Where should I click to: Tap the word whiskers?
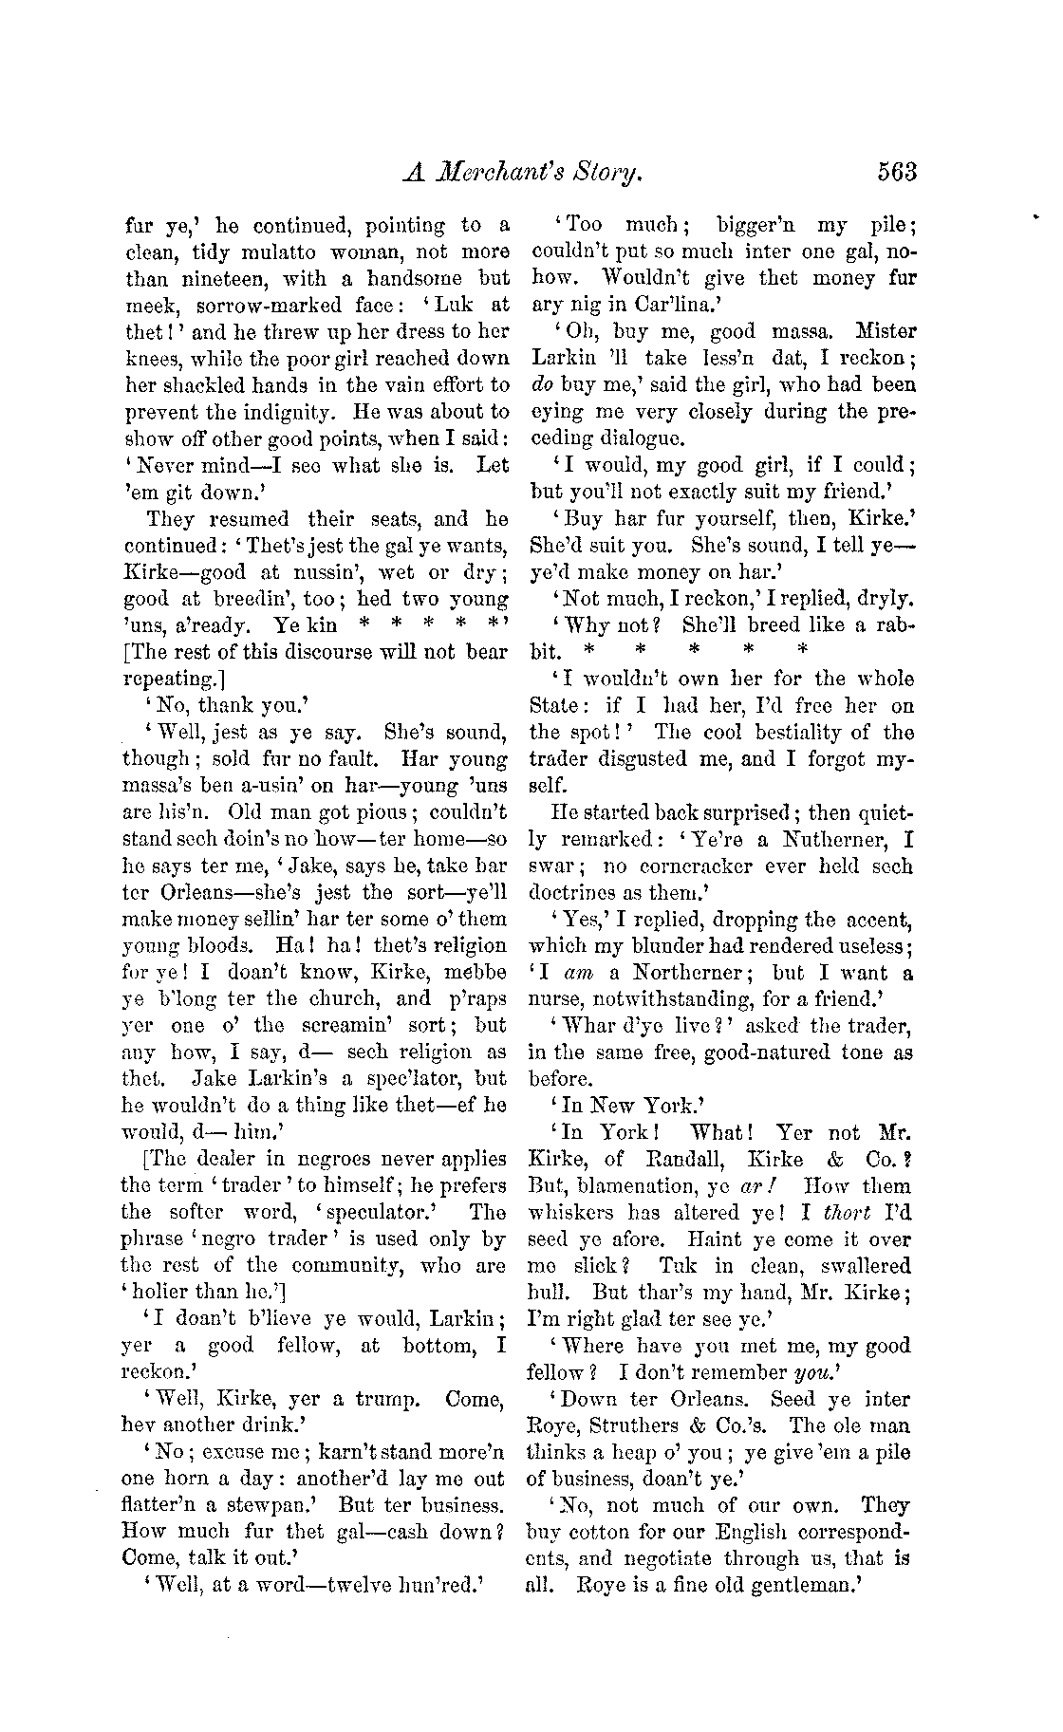point(571,1213)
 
